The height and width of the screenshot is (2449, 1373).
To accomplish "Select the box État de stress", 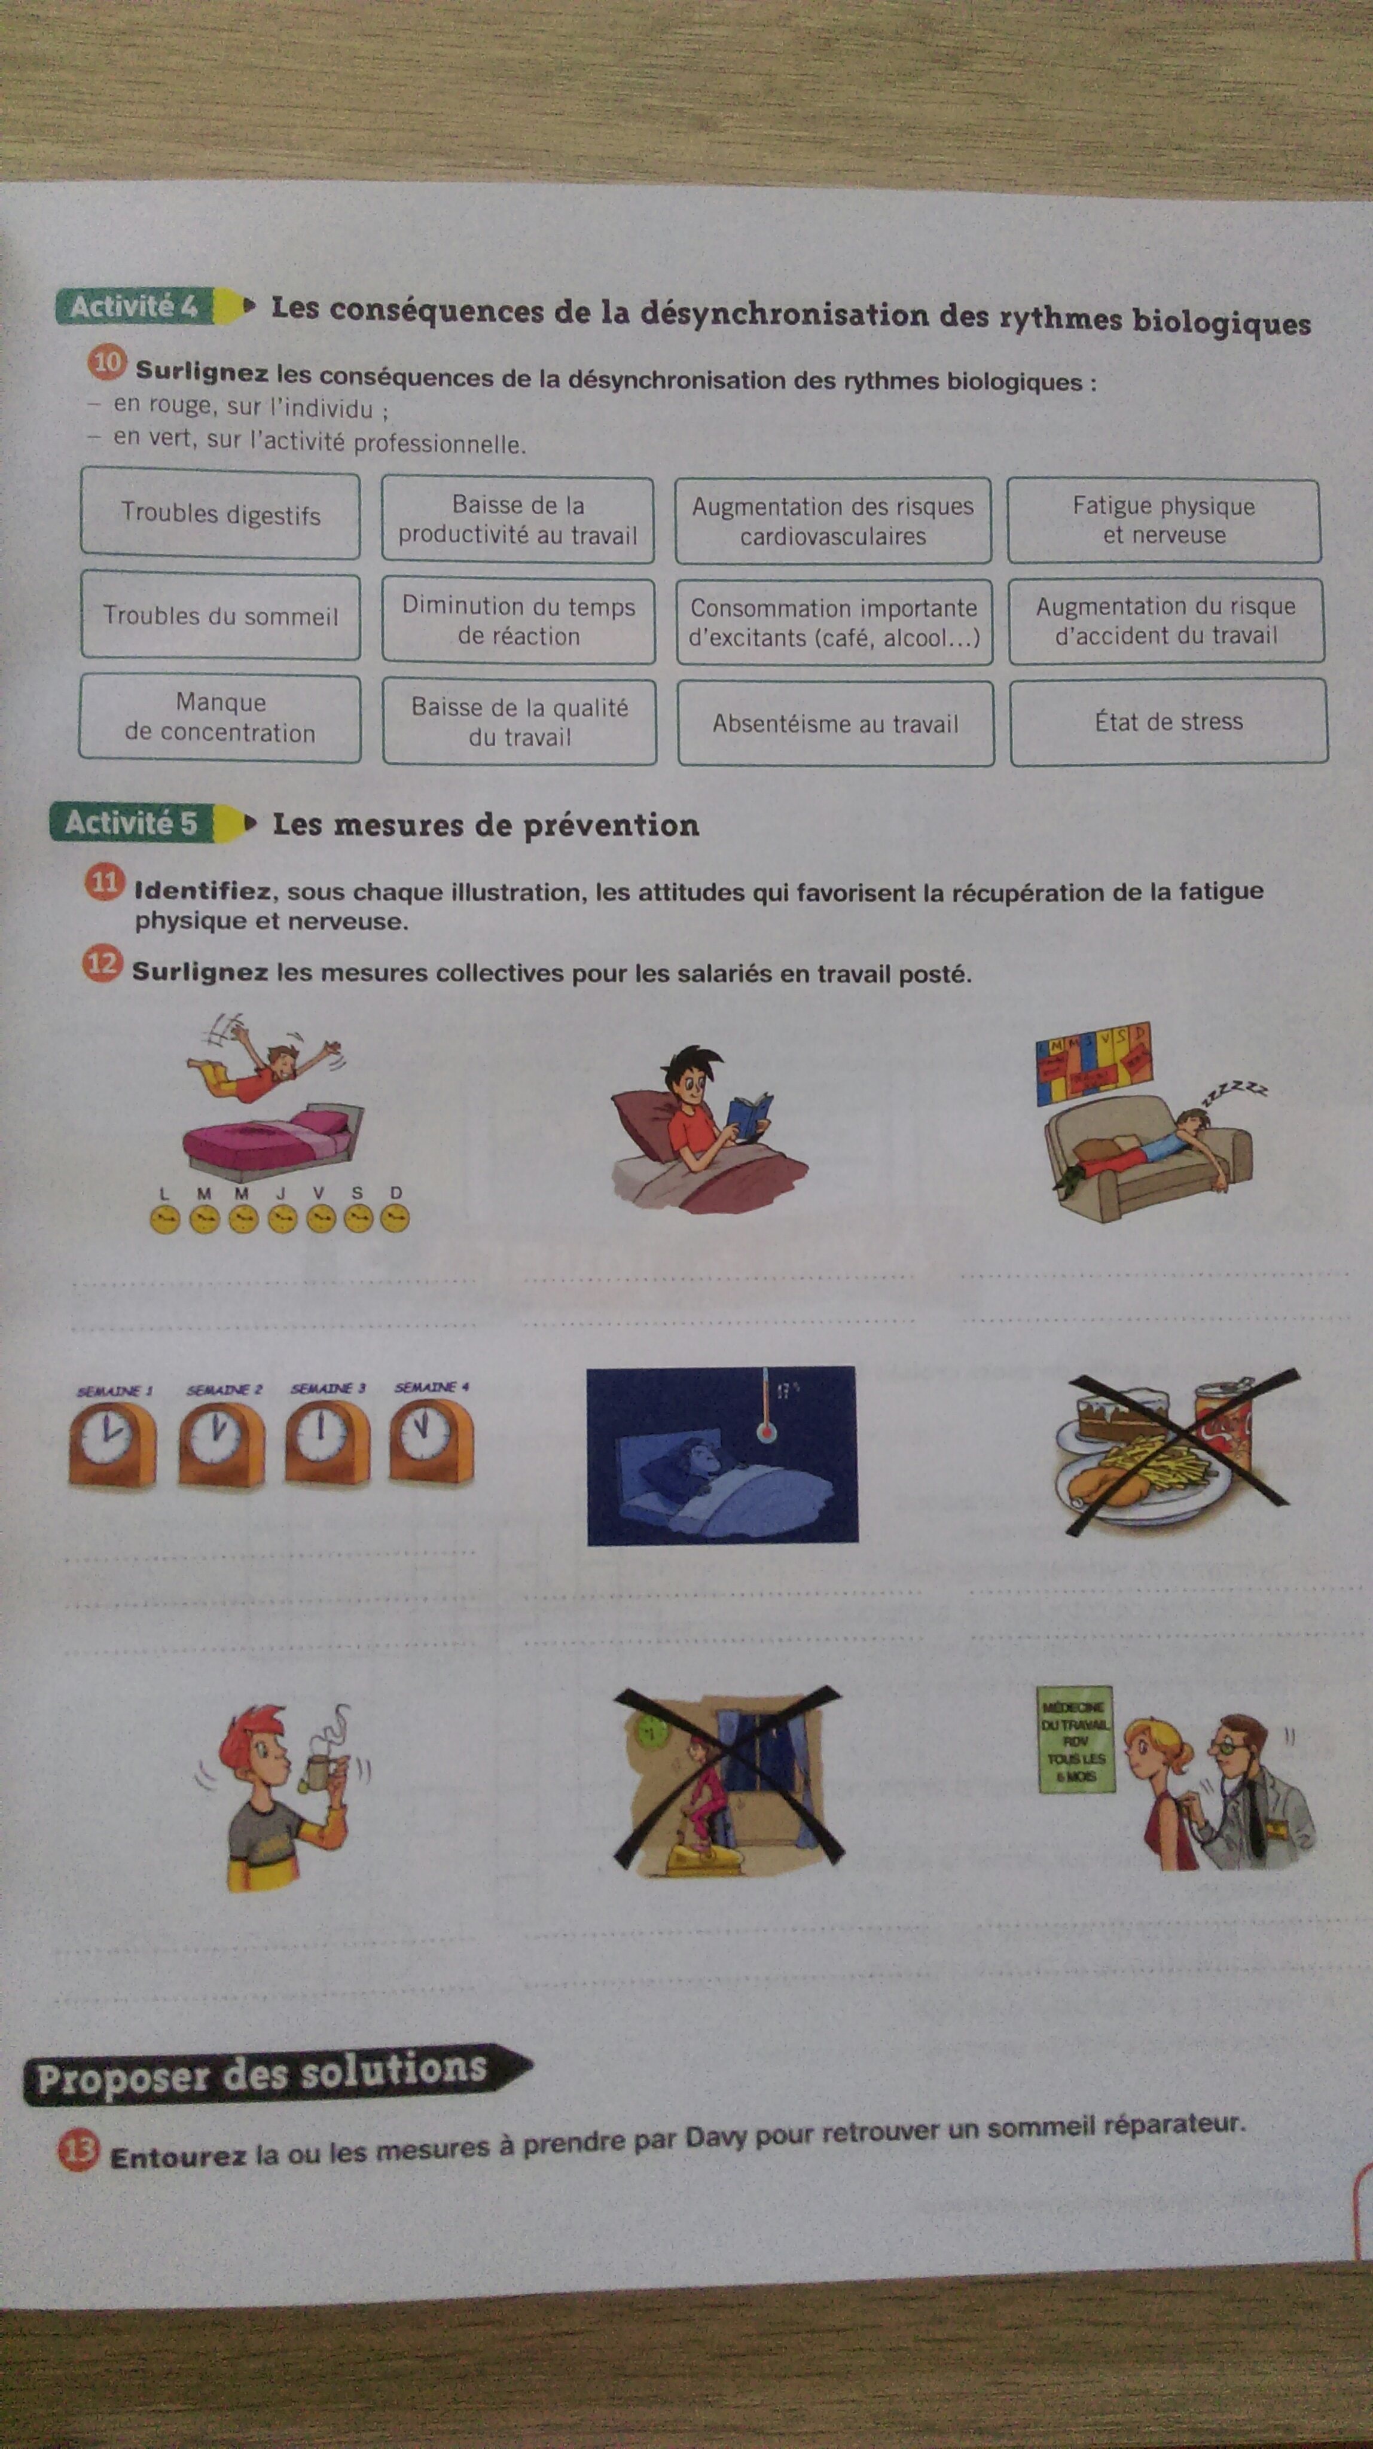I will tap(1168, 722).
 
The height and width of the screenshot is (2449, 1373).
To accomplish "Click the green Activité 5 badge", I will tap(131, 822).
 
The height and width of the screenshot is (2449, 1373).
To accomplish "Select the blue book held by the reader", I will tap(748, 1116).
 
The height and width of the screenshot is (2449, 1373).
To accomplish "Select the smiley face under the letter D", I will tap(395, 1219).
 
